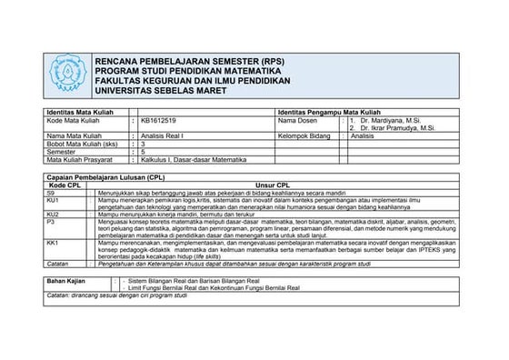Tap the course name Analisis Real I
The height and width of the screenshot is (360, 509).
[x=163, y=135]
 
